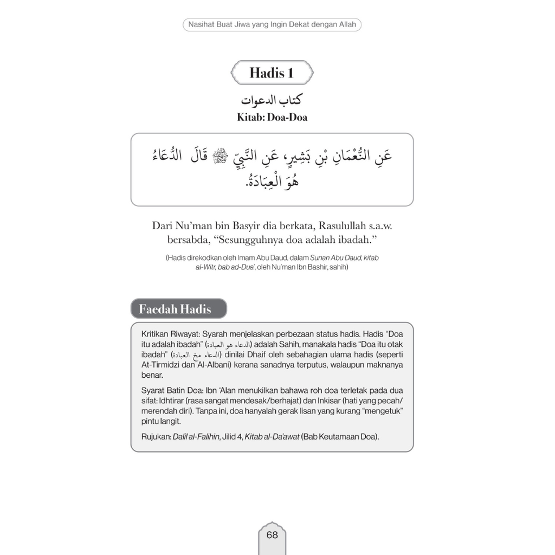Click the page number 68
tap(272, 535)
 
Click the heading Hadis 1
tap(272, 73)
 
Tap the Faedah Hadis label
tap(175, 309)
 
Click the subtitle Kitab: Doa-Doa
tap(272, 117)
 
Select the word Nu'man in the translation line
tap(191, 225)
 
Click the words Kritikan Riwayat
tap(167, 334)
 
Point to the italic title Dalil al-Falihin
tap(196, 437)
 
